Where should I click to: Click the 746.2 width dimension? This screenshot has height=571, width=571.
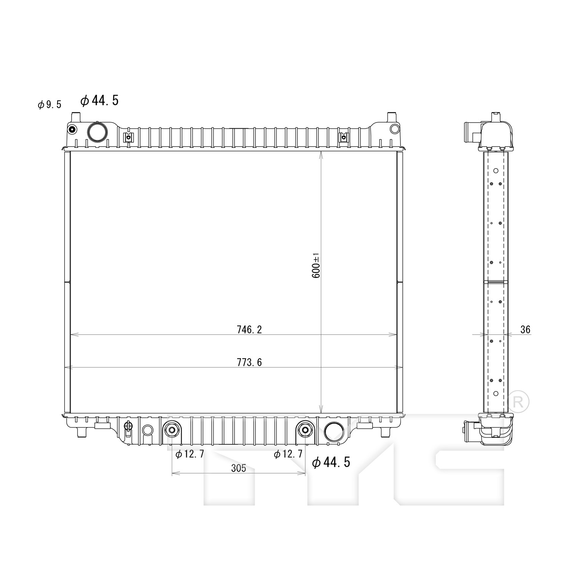249,330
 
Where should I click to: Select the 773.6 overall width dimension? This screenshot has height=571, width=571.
249,362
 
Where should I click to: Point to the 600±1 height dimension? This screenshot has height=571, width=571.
316,265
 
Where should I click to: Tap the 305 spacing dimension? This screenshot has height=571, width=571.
239,468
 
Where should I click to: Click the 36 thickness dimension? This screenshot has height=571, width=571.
525,330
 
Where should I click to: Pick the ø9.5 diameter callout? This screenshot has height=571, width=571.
49,105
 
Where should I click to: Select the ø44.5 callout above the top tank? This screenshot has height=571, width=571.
100,100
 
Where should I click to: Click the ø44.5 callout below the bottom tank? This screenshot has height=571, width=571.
331,462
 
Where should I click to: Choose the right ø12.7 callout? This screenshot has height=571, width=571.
288,454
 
